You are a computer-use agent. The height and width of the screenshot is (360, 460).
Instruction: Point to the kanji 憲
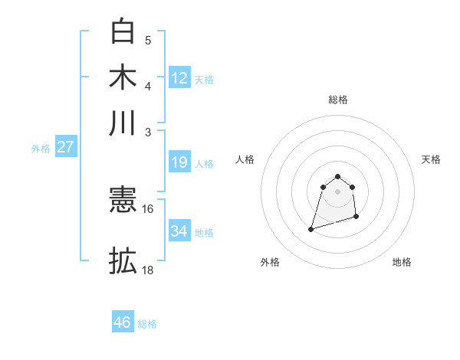click(x=123, y=201)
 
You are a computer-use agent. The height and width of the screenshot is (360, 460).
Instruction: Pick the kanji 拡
click(x=123, y=261)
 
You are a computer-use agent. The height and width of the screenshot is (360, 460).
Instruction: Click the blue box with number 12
click(x=179, y=78)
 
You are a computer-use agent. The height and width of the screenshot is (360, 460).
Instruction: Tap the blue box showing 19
click(x=179, y=162)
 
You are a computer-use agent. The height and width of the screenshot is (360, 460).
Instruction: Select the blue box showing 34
click(x=179, y=231)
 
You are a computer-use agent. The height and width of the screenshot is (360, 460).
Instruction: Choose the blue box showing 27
click(x=65, y=148)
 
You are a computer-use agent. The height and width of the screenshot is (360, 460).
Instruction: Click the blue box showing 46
click(x=123, y=322)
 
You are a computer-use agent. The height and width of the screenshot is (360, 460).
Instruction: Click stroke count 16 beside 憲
click(x=147, y=208)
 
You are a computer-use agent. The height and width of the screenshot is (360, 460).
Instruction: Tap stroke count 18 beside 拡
click(x=147, y=270)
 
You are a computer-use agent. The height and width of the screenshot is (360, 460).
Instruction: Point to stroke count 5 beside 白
click(x=147, y=40)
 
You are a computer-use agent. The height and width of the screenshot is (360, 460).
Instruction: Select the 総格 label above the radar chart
click(x=337, y=100)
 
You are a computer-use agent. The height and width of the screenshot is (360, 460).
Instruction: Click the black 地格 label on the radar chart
click(x=402, y=262)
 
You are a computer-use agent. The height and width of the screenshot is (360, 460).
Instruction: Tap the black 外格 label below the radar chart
click(x=270, y=262)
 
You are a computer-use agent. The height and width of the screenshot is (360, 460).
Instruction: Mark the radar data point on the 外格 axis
click(x=310, y=228)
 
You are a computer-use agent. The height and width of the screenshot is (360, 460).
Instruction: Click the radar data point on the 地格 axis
click(x=357, y=218)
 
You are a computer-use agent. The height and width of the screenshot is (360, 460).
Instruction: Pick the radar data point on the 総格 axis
click(x=337, y=175)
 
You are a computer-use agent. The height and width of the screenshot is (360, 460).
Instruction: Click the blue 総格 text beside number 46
click(x=147, y=324)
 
